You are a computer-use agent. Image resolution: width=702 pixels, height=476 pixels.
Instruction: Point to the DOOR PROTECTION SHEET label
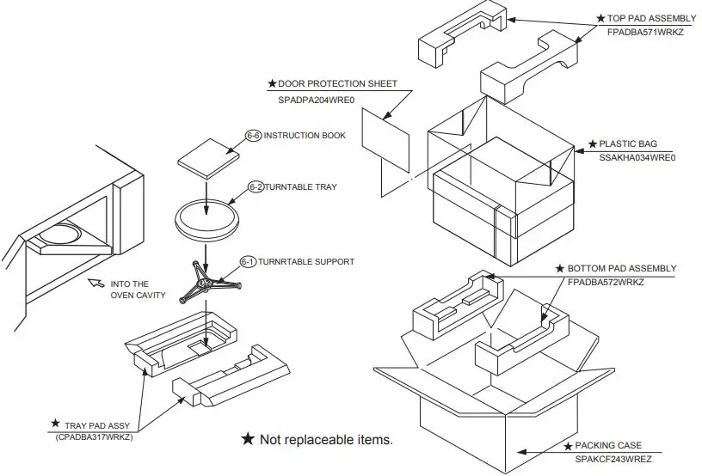(337, 83)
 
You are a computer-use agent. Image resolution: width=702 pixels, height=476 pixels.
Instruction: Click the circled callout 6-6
(253, 136)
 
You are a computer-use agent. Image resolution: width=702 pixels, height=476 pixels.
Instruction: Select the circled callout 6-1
(248, 261)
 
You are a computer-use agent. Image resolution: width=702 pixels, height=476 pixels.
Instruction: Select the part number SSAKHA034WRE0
(637, 157)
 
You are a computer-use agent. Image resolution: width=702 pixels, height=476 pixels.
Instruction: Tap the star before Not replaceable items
(248, 439)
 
